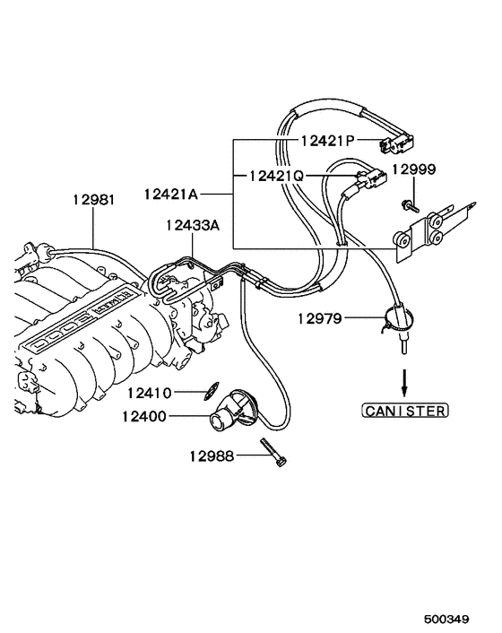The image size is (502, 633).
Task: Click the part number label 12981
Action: [x=93, y=200]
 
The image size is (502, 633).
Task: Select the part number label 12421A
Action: [x=169, y=192]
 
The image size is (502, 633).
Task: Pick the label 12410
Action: [x=148, y=392]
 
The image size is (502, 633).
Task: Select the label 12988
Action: [x=211, y=456]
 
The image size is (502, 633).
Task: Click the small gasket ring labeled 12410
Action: [x=208, y=390]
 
